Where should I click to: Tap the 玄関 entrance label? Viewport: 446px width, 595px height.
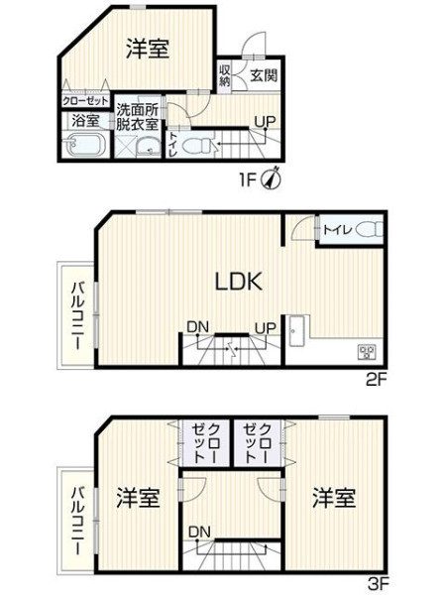tap(264, 75)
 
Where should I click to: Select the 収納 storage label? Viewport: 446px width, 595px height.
tap(225, 75)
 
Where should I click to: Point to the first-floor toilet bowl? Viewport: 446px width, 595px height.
tap(197, 146)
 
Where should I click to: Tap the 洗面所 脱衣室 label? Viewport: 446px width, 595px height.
tap(137, 117)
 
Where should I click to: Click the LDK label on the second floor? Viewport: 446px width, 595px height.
tap(239, 282)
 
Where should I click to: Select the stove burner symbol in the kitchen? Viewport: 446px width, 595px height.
tap(367, 352)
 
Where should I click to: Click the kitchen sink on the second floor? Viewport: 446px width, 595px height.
tap(296, 331)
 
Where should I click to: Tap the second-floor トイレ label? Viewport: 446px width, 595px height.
tap(338, 230)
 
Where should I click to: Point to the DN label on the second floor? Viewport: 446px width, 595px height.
tap(198, 327)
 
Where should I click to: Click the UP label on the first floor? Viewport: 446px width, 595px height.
tap(265, 122)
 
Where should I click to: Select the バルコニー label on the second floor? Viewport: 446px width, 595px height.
tap(79, 315)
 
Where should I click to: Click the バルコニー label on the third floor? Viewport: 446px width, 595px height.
tap(79, 521)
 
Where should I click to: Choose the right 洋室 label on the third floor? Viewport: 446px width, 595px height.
tap(334, 498)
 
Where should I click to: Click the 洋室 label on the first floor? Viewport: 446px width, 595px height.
tap(147, 49)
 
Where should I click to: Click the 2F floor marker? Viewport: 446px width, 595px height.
tap(377, 380)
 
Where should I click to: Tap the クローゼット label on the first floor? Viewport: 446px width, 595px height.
tap(85, 101)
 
